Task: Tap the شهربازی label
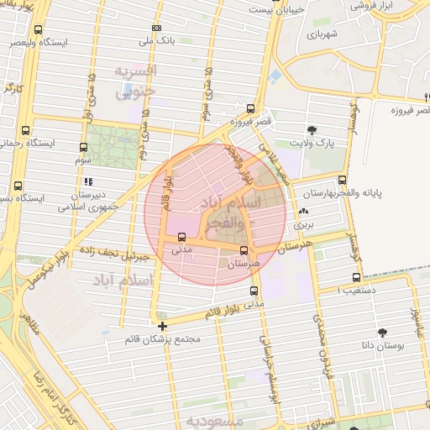(321, 36)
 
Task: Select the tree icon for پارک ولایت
(312, 129)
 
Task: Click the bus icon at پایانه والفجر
(342, 179)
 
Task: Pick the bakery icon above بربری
(302, 211)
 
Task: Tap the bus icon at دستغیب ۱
(357, 277)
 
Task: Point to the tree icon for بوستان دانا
(382, 333)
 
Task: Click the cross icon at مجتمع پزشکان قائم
(162, 325)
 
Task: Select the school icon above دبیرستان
(87, 181)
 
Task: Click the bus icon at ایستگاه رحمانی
(25, 130)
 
